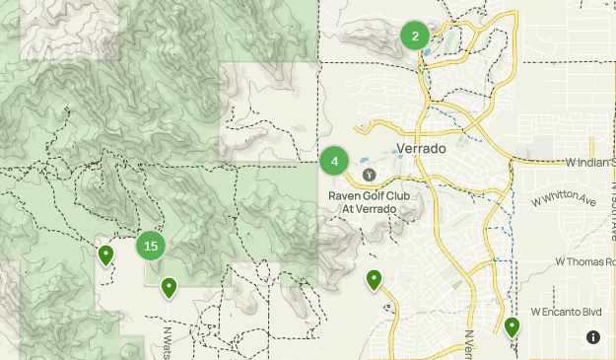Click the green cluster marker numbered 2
(415, 36)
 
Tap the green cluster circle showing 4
(335, 161)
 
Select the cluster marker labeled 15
(150, 247)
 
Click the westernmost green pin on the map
(105, 255)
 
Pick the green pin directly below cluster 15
(170, 287)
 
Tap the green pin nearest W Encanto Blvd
(512, 326)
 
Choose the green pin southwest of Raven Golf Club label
(374, 280)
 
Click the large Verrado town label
(421, 149)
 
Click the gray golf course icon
(369, 175)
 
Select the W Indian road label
(589, 162)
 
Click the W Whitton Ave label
(564, 200)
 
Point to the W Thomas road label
(585, 261)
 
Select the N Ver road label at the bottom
(468, 343)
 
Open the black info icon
(593, 337)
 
